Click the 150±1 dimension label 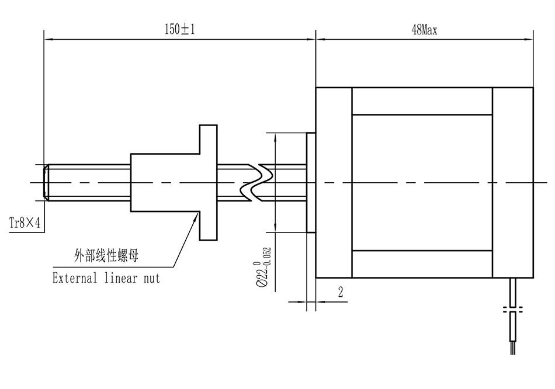pos(179,29)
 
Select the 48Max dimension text pos(424,30)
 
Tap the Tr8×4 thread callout pos(25,223)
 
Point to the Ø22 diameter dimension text pos(263,267)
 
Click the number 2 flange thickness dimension pos(341,293)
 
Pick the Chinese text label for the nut pos(106,255)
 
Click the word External pos(75,277)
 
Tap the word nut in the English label pos(152,278)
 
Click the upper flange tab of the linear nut pos(209,139)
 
